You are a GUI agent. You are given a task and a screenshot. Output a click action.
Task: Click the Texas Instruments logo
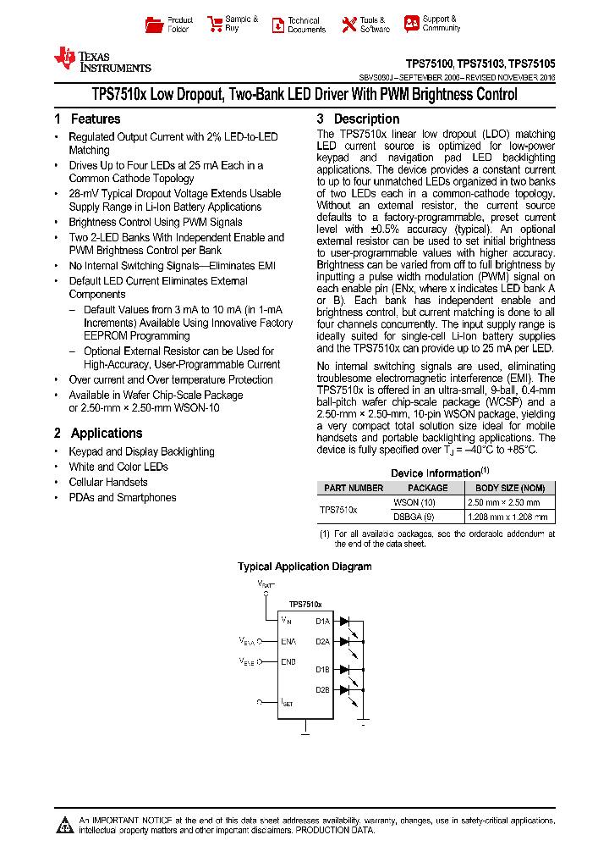pos(101,59)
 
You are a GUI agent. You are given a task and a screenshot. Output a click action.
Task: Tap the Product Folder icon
pos(154,25)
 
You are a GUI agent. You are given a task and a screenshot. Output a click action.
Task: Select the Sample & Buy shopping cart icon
pos(213,25)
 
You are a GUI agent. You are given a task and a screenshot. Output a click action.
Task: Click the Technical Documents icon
pos(277,25)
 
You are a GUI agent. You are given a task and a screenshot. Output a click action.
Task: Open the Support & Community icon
pos(412,24)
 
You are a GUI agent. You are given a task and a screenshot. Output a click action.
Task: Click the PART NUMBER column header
pos(354,488)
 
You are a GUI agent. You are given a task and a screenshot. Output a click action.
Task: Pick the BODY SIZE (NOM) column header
pos(510,488)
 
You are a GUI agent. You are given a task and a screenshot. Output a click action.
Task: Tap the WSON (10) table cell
pos(428,502)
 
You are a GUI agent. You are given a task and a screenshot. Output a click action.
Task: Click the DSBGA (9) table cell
pos(428,517)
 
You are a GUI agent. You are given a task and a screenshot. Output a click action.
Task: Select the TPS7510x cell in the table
pos(338,510)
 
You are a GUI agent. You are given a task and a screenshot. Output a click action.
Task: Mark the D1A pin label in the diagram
pos(322,621)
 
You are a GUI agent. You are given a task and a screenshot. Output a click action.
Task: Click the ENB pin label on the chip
pos(288,661)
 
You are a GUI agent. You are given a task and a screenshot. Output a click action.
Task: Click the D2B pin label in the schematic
pos(322,689)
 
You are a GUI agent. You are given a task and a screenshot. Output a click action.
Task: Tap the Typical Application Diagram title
pos(304,567)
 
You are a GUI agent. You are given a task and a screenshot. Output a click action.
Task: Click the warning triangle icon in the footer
pos(65,824)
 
